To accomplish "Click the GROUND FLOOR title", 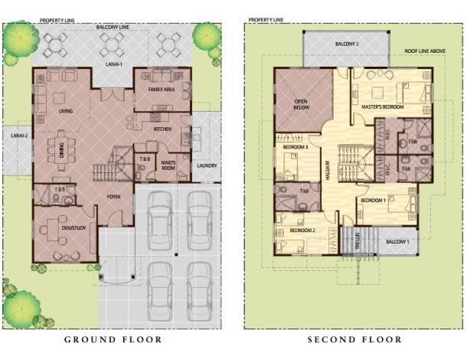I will [113, 339].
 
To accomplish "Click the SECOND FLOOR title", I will [354, 339].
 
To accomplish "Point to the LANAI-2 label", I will [18, 136].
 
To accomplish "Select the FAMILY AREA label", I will [162, 90].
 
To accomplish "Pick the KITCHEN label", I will [162, 129].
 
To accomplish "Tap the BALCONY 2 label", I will [347, 44].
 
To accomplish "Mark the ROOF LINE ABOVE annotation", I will [425, 51].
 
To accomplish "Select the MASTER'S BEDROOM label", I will [383, 107].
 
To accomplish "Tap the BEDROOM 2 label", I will [302, 231].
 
